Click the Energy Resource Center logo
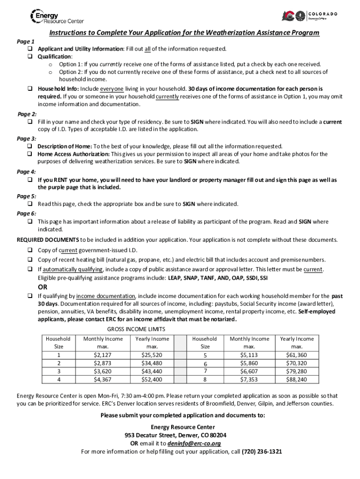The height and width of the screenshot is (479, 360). pos(57,17)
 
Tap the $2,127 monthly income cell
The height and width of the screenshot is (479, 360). pos(102,355)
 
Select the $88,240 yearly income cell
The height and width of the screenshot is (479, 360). pos(296,379)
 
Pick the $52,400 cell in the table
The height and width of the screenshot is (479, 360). pos(152,379)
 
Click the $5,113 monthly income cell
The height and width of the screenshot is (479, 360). pos(249,355)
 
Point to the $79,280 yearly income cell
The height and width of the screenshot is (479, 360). pos(296,371)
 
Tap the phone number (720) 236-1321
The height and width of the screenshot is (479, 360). pos(261,452)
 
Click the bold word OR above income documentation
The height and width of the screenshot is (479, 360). pos(43,287)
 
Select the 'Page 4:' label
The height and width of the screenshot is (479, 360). pos(26,172)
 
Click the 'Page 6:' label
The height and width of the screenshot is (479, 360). pos(26,213)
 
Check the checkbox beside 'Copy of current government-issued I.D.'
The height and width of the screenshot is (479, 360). pos(29,250)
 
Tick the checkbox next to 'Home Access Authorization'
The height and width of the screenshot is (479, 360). pos(29,154)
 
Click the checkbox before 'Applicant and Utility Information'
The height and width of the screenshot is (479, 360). pos(29,49)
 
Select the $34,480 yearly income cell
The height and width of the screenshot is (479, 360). pos(152,363)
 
